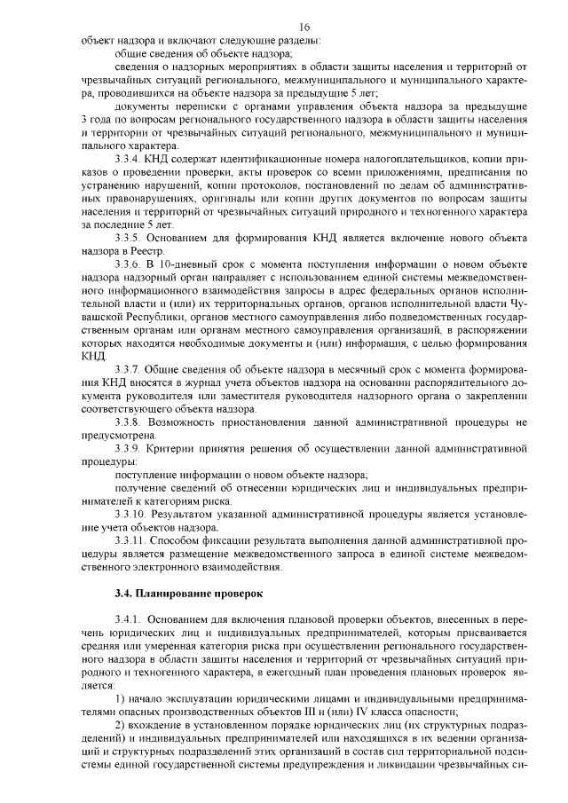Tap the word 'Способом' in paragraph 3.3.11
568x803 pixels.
pyautogui.click(x=180, y=539)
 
